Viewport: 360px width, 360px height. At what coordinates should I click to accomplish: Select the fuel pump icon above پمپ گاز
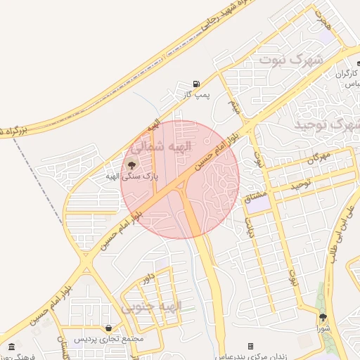195,84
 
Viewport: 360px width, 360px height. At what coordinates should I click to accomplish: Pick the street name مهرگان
320,158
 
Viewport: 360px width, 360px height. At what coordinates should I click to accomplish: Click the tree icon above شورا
323,318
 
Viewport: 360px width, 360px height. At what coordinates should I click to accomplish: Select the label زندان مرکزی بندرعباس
259,355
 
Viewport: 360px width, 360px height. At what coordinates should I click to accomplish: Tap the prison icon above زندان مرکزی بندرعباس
250,346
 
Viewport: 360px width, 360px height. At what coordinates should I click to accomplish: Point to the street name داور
147,278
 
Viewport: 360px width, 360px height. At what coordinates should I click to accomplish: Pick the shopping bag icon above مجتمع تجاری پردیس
109,328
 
